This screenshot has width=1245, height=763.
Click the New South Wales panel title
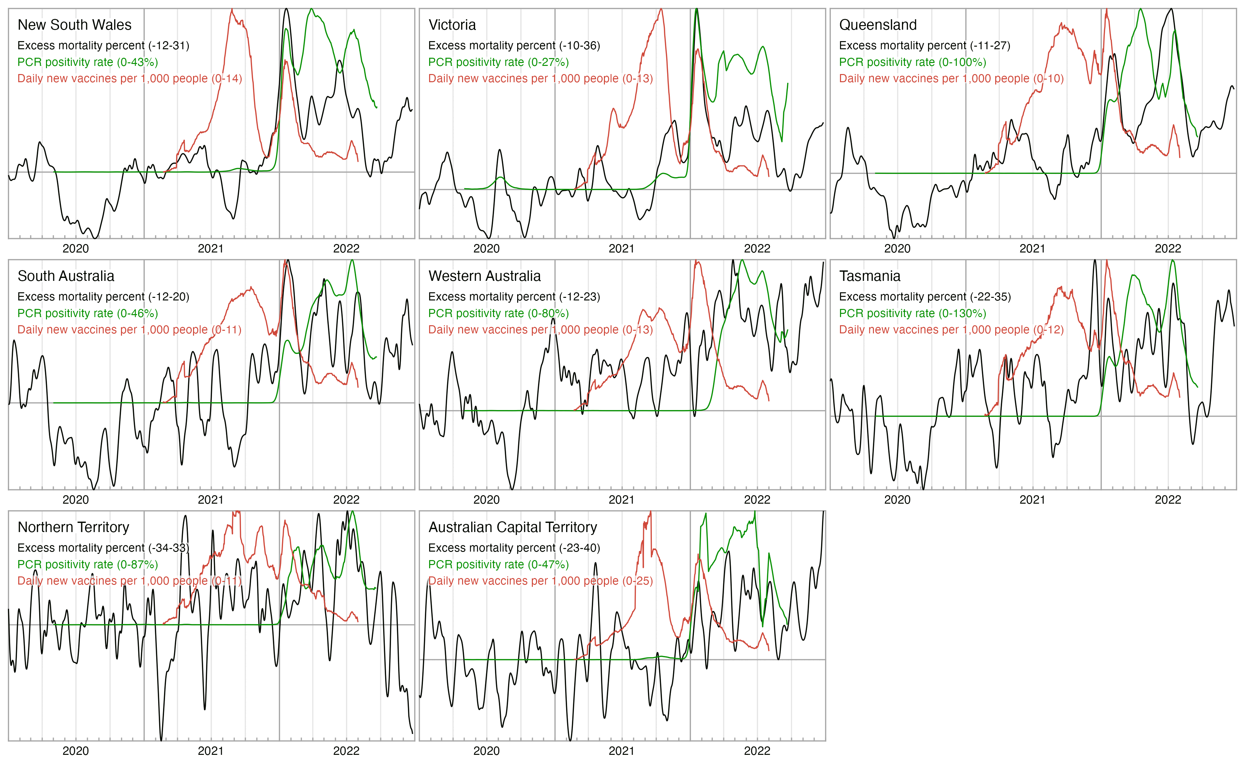[74, 25]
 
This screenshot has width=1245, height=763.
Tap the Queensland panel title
[878, 25]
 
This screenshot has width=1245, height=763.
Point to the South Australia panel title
[66, 276]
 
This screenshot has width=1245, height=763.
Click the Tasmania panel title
[870, 276]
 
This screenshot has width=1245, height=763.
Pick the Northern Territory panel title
[73, 527]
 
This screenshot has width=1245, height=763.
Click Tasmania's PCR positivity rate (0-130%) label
[912, 313]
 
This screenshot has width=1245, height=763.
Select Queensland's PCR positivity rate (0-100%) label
[912, 62]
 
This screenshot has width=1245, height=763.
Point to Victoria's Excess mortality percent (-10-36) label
[514, 45]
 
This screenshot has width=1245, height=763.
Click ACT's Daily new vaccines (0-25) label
[540, 581]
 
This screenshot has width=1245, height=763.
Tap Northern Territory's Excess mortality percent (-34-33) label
[103, 548]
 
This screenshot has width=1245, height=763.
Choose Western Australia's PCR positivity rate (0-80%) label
[498, 313]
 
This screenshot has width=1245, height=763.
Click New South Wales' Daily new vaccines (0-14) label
[129, 79]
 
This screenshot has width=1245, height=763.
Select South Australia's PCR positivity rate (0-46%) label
[87, 313]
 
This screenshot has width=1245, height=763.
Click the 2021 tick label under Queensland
[1032, 249]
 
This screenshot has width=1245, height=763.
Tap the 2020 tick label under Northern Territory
[75, 751]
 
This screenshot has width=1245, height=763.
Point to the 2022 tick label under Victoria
[757, 249]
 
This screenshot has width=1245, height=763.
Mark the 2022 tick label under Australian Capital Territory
[757, 751]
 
